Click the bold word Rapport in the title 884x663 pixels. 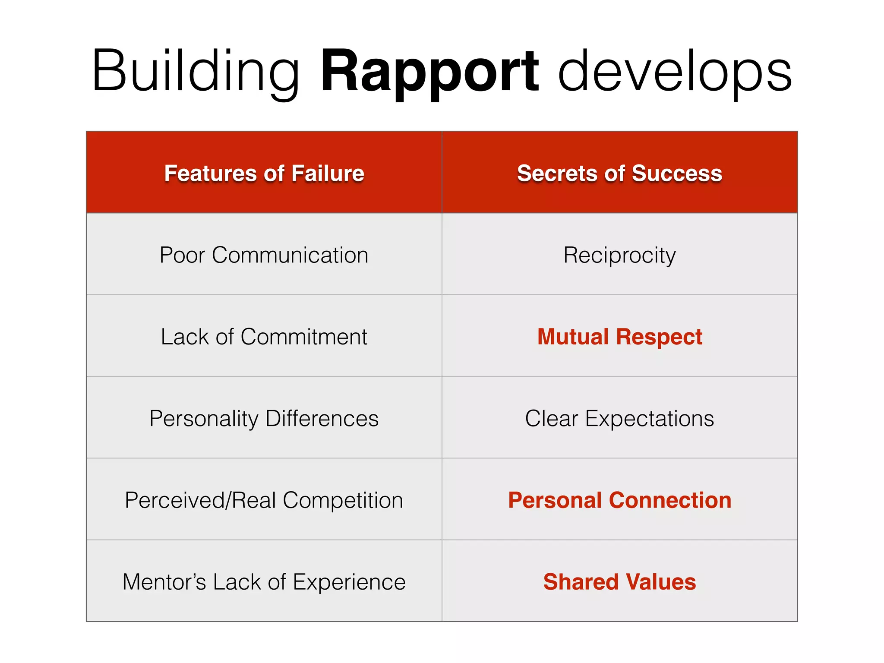point(429,71)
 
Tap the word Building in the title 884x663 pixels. point(195,71)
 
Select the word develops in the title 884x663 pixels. point(675,71)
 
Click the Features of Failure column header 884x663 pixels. point(264,173)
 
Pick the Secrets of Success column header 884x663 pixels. point(619,173)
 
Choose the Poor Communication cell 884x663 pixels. point(264,255)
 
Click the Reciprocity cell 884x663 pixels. point(619,255)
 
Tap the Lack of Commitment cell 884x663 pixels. point(264,336)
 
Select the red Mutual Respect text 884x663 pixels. point(619,336)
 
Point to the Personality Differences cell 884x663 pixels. point(264,418)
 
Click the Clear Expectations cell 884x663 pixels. point(619,418)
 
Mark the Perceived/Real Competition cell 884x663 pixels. point(264,500)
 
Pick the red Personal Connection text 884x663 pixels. point(619,500)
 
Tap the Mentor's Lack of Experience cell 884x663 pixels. point(264,581)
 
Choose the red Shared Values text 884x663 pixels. point(619,581)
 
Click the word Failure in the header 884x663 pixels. point(327,173)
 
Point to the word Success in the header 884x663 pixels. point(676,173)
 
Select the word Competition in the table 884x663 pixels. point(343,500)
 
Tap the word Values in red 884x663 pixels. point(661,581)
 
